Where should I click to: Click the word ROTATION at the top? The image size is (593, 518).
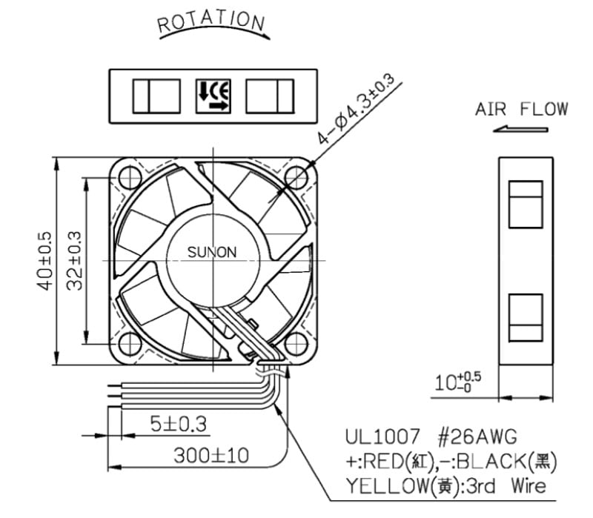click(211, 22)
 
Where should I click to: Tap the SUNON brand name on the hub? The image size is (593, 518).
click(212, 252)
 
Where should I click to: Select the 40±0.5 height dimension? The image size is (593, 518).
click(44, 262)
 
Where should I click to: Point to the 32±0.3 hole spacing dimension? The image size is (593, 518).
click(74, 261)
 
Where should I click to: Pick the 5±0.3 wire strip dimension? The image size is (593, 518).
click(179, 424)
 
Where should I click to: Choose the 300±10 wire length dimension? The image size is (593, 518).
click(211, 455)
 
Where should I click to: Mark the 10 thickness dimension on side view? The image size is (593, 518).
click(457, 382)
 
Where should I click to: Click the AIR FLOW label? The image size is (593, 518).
click(522, 109)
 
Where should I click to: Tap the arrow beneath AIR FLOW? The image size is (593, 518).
click(520, 130)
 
